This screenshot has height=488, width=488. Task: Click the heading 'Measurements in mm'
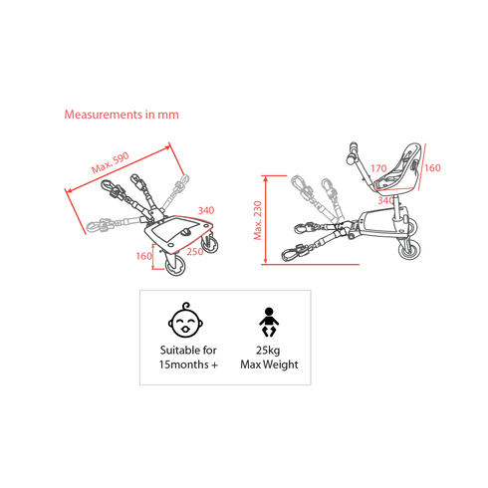[x=122, y=115]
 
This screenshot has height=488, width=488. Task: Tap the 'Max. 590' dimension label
[x=111, y=163]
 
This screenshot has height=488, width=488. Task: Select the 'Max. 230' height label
[x=258, y=220]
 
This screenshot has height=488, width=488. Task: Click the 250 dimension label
[x=195, y=252]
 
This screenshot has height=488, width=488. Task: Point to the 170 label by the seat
[x=378, y=168]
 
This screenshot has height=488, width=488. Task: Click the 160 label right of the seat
[x=432, y=168]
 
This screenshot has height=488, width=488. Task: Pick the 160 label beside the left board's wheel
[x=144, y=256]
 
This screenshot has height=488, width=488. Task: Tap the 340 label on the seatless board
[x=206, y=210]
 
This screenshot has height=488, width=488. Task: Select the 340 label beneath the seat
[x=385, y=200]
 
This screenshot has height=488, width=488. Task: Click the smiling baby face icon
[x=185, y=321]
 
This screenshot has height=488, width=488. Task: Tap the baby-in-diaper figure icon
[x=269, y=322]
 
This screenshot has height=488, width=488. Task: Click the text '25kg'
[x=268, y=351]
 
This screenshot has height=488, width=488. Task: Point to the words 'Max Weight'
[x=269, y=365]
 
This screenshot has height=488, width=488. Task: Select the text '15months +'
[x=188, y=365]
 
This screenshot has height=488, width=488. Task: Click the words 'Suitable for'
[x=188, y=350]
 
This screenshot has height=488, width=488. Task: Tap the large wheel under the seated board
[x=409, y=249]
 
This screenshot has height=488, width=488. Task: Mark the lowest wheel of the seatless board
[x=175, y=265]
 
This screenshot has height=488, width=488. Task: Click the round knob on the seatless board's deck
[x=185, y=232]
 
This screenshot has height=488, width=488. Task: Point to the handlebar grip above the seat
[x=353, y=153]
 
